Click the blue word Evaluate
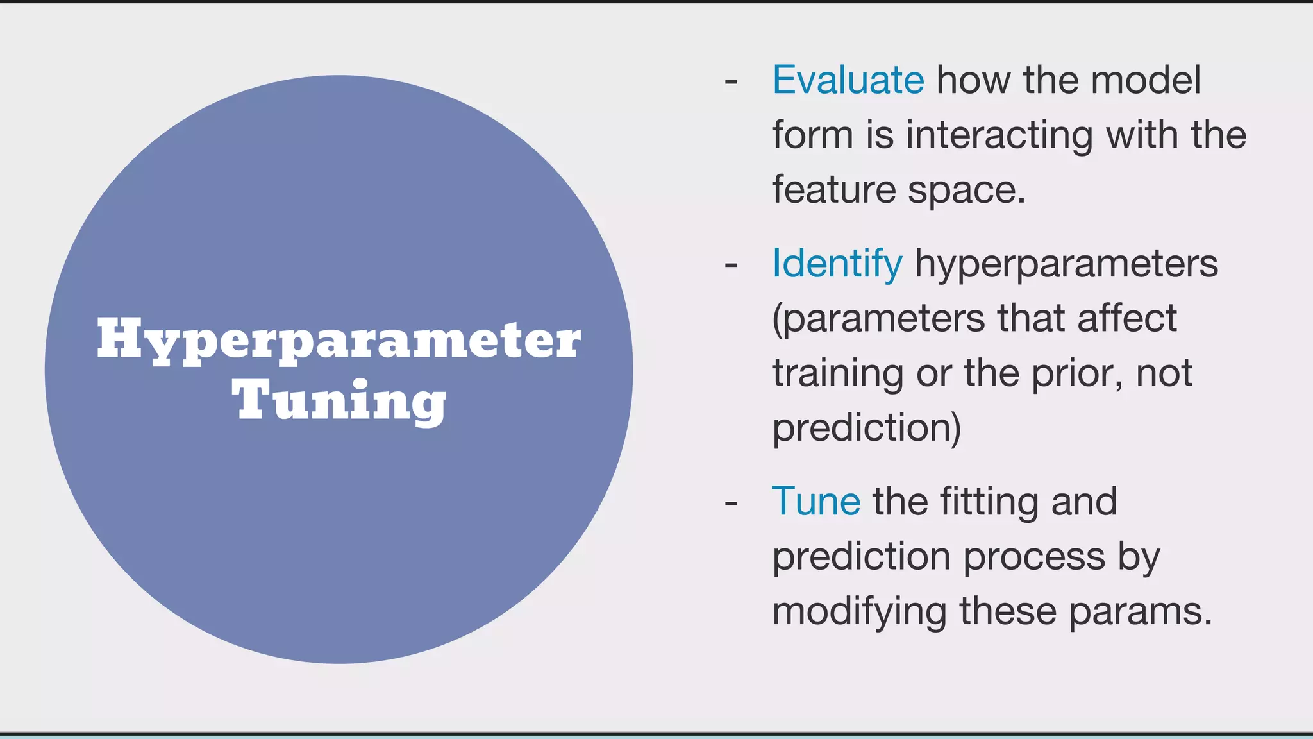pyautogui.click(x=848, y=80)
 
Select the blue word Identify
pyautogui.click(x=837, y=264)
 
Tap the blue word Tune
pyautogui.click(x=815, y=501)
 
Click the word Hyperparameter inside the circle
pyautogui.click(x=339, y=341)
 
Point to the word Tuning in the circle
pyautogui.click(x=339, y=401)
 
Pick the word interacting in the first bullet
pyautogui.click(x=999, y=135)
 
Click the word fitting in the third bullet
pyautogui.click(x=989, y=502)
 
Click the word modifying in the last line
pyautogui.click(x=859, y=611)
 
